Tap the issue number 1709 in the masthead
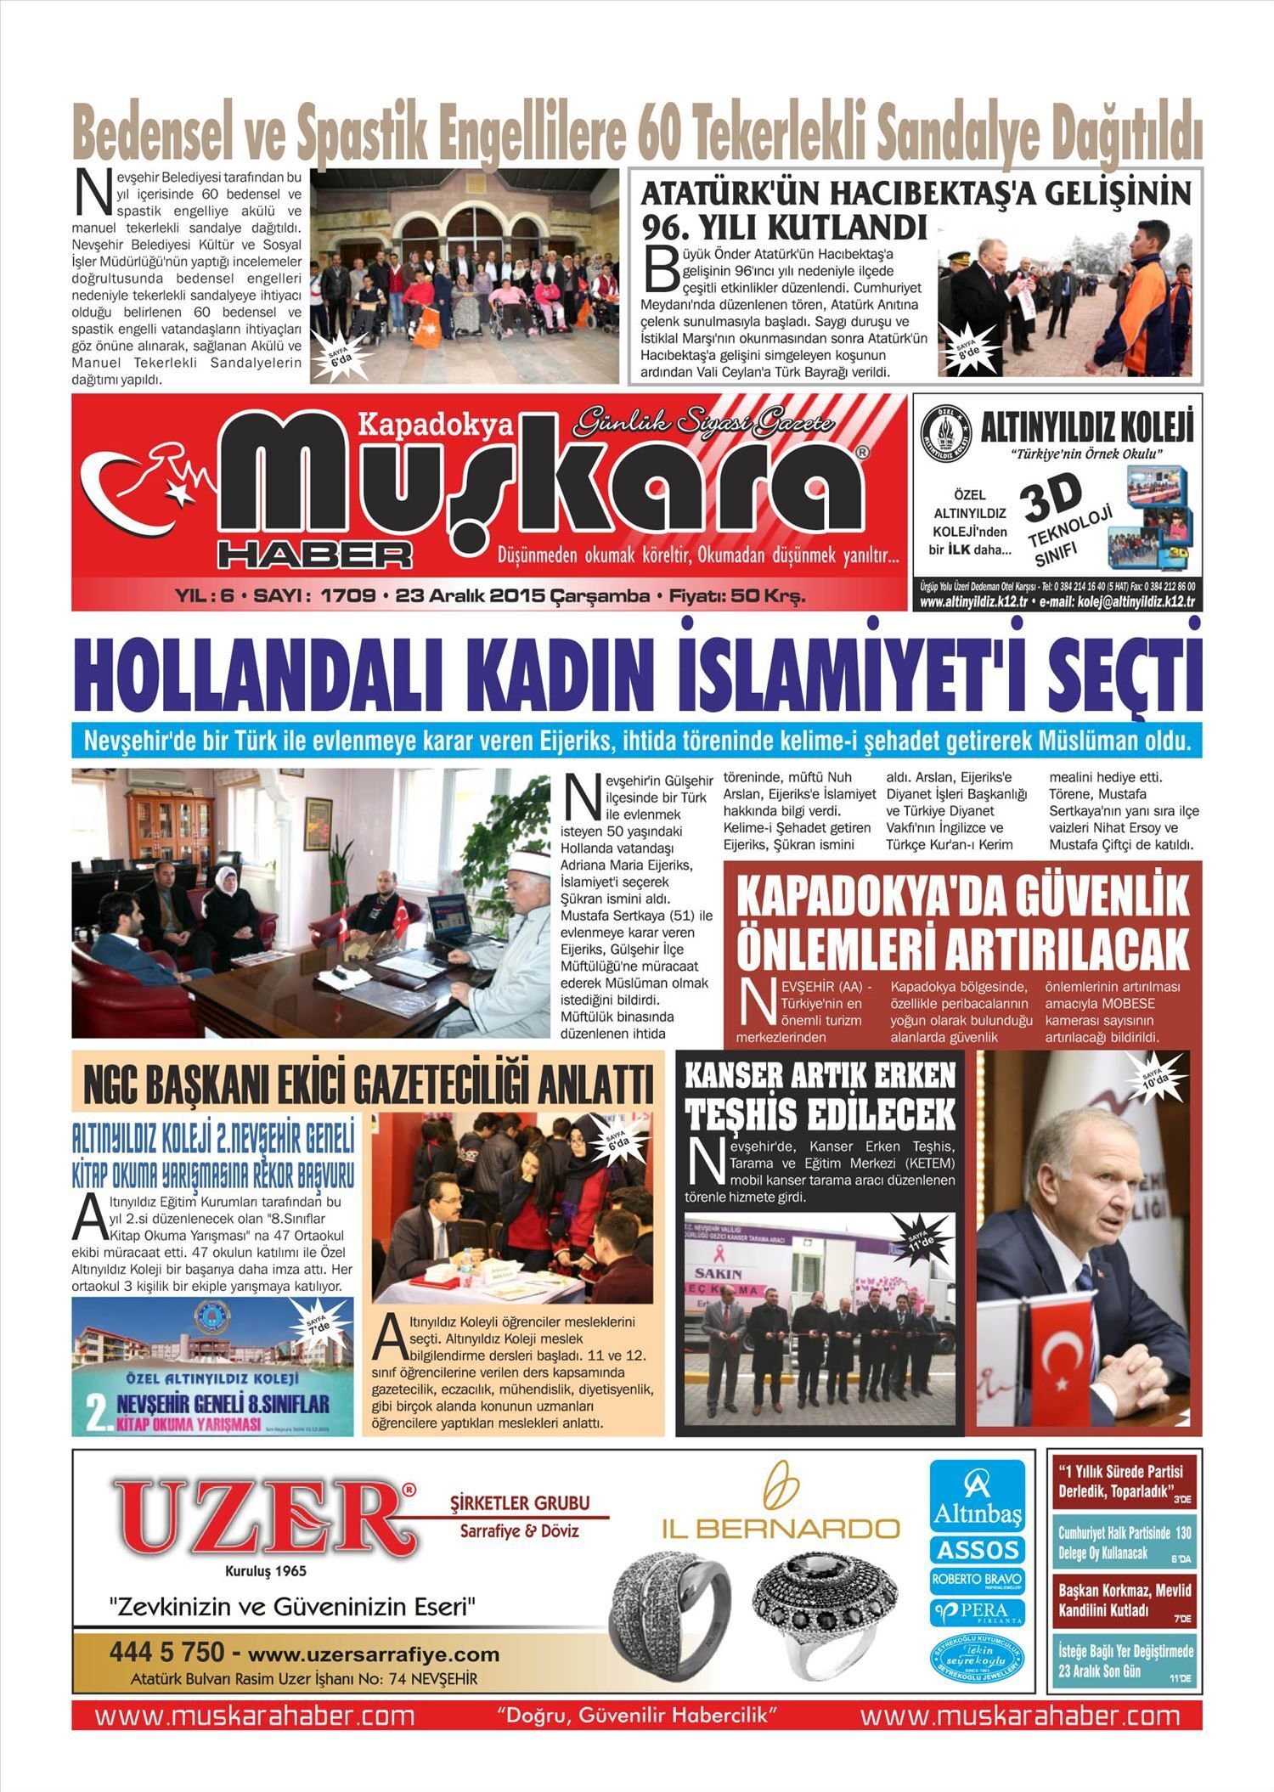pyautogui.click(x=347, y=596)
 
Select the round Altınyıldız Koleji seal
pyautogui.click(x=947, y=433)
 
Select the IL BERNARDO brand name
pyautogui.click(x=781, y=1529)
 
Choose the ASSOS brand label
pyautogui.click(x=977, y=1549)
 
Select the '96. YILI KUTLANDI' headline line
pyautogui.click(x=784, y=227)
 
